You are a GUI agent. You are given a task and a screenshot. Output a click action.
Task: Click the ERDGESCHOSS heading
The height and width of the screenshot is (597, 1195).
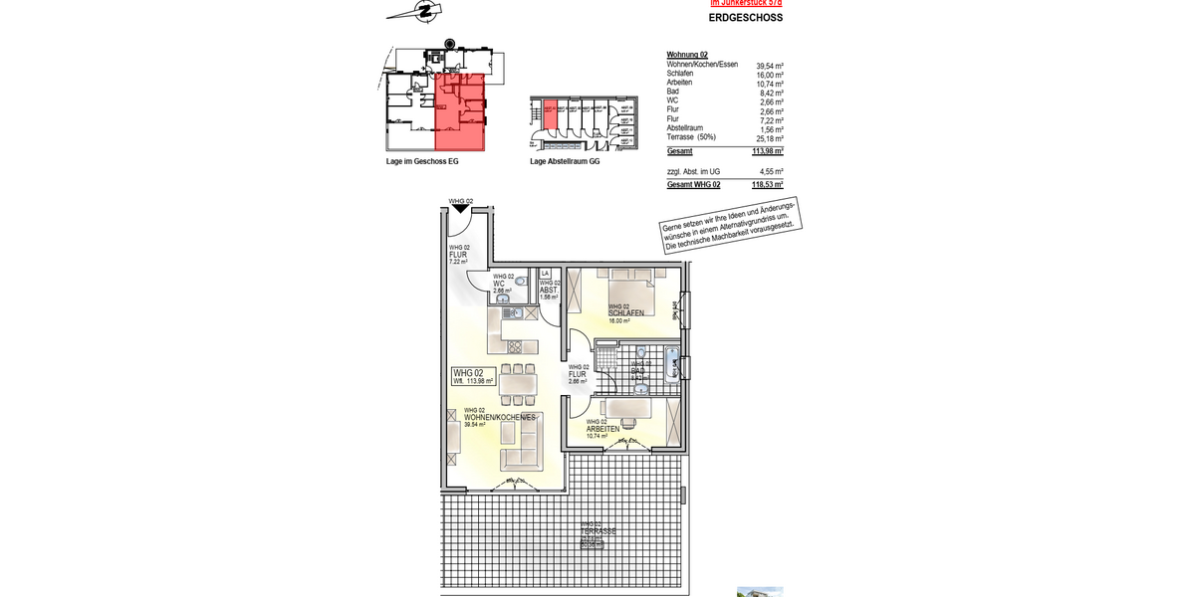pyautogui.click(x=745, y=18)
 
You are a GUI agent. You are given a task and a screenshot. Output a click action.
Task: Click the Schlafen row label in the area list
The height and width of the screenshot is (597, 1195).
pyautogui.click(x=681, y=75)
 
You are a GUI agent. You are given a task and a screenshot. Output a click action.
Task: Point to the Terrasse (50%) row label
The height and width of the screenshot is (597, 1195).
pyautogui.click(x=693, y=138)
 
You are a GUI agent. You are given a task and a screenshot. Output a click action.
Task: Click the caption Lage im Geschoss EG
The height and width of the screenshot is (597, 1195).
pyautogui.click(x=422, y=161)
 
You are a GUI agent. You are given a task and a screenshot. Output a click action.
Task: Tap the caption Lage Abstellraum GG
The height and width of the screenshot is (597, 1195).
pyautogui.click(x=565, y=161)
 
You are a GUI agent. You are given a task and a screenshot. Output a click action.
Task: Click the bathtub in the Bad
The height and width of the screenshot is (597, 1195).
pyautogui.click(x=672, y=365)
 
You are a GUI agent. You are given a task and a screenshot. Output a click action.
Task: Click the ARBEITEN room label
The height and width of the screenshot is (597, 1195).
pyautogui.click(x=603, y=428)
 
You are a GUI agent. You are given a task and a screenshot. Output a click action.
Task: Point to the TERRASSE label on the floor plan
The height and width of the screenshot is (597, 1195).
pyautogui.click(x=598, y=531)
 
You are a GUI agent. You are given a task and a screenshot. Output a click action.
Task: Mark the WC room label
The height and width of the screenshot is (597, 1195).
pyautogui.click(x=499, y=284)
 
